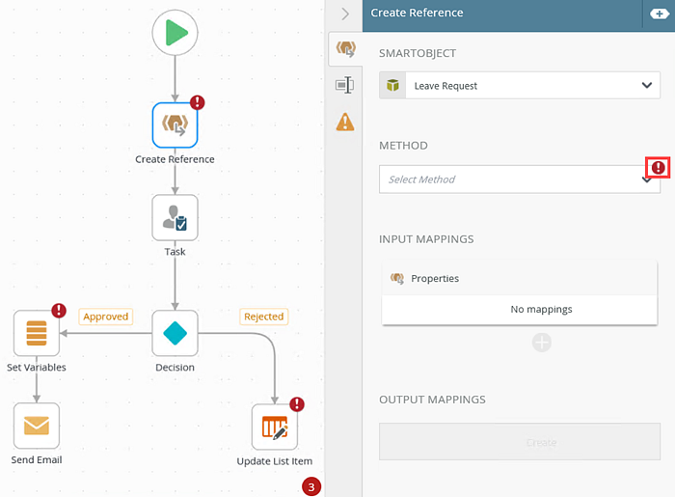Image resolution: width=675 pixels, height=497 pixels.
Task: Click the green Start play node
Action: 175,33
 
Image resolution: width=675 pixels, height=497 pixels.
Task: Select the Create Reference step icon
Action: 175,124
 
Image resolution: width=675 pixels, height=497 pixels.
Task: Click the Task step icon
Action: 175,217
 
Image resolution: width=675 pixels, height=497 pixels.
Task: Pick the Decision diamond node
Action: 175,333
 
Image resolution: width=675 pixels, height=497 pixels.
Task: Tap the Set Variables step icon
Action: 36,333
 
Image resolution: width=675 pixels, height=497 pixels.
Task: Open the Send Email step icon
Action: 36,426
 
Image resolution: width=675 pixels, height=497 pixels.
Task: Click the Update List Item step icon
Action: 275,427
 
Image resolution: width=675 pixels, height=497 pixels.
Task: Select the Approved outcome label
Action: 106,317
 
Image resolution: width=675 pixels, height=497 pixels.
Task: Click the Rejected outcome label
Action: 263,317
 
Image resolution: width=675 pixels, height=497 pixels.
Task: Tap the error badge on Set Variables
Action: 59,311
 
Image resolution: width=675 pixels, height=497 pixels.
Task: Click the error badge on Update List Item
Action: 297,404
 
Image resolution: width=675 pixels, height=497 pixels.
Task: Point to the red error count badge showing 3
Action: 310,486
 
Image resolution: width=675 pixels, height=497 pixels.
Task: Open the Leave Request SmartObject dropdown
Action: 519,86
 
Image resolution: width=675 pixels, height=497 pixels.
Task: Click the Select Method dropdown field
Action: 511,179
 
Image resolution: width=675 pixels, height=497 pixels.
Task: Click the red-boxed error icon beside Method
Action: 659,168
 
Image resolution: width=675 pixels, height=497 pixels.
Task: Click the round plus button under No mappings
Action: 542,343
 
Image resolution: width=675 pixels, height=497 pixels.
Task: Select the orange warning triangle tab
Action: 344,122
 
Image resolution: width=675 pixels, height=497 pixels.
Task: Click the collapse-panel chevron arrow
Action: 345,14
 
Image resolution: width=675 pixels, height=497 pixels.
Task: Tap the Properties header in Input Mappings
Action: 435,278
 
